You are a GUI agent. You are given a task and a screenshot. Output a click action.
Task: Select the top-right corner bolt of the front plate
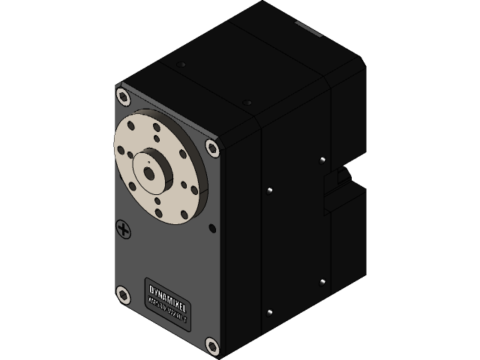coord(212,148)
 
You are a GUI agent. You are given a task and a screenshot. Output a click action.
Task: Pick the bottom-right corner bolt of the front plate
coord(212,346)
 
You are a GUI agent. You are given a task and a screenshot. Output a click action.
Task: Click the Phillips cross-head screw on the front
coord(124,229)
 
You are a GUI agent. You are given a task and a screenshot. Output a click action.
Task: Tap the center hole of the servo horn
coord(148,172)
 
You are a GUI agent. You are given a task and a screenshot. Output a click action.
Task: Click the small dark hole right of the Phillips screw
coord(212,227)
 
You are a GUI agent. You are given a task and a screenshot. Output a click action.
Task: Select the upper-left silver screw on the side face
coord(268,190)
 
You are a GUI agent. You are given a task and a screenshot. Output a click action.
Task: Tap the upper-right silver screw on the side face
coord(321,160)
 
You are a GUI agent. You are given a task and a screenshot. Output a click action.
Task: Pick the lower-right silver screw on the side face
coord(322,282)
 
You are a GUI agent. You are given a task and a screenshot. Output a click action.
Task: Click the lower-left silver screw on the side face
coord(268,312)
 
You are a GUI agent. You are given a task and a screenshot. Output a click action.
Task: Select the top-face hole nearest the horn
coord(181,65)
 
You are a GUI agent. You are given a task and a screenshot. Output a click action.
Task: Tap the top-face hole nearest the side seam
coord(247,102)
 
